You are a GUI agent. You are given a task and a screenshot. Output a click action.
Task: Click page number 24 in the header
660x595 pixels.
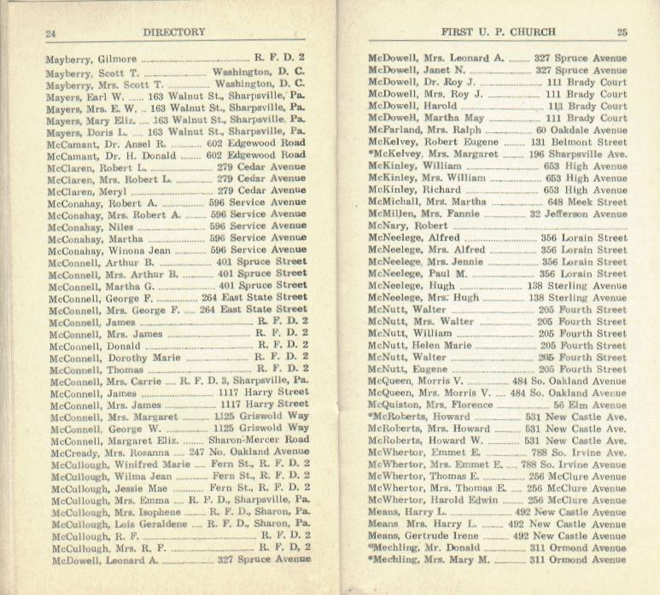pos(50,34)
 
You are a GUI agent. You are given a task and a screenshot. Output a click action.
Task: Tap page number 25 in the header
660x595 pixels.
pos(622,32)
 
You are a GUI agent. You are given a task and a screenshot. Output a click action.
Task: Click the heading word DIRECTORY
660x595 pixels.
pos(174,32)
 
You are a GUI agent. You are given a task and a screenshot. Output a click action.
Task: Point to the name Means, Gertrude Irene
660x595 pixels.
pos(423,535)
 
